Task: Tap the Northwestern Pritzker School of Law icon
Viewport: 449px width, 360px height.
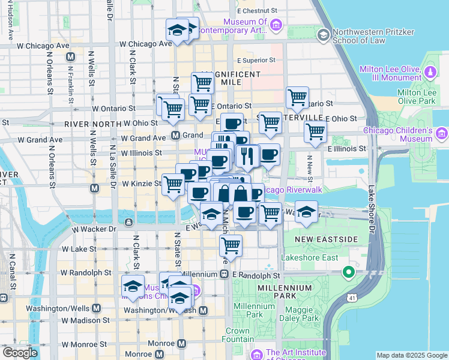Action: point(324,36)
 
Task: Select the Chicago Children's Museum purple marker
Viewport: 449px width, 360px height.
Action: point(442,133)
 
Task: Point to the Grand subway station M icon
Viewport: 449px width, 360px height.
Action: point(176,135)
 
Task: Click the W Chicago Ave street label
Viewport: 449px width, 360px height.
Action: point(145,44)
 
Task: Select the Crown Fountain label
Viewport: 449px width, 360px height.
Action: point(238,335)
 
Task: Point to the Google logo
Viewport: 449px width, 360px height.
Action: point(19,353)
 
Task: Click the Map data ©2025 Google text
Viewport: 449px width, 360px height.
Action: point(412,355)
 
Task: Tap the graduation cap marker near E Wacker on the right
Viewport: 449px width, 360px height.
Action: point(306,211)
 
